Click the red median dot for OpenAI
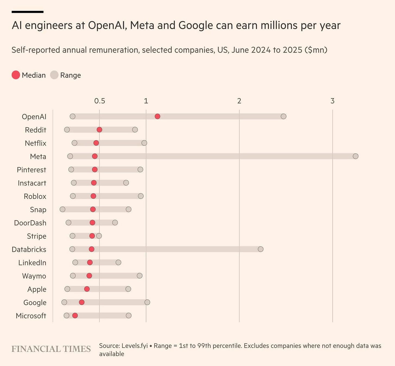(x=157, y=116)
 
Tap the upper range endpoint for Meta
(x=355, y=156)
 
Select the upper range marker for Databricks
(x=260, y=249)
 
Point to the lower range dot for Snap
(x=62, y=209)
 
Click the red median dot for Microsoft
(x=75, y=315)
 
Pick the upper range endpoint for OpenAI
(x=283, y=116)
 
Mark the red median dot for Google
(x=82, y=302)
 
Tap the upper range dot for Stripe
(x=99, y=236)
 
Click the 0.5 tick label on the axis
(x=100, y=101)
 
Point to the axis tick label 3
(x=332, y=101)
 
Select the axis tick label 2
(x=239, y=101)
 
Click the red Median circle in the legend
(x=16, y=75)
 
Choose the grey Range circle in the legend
(x=54, y=75)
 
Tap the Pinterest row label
(x=31, y=170)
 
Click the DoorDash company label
(x=30, y=223)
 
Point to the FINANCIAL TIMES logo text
(x=51, y=349)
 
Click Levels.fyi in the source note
(x=135, y=346)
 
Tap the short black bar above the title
(x=27, y=12)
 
